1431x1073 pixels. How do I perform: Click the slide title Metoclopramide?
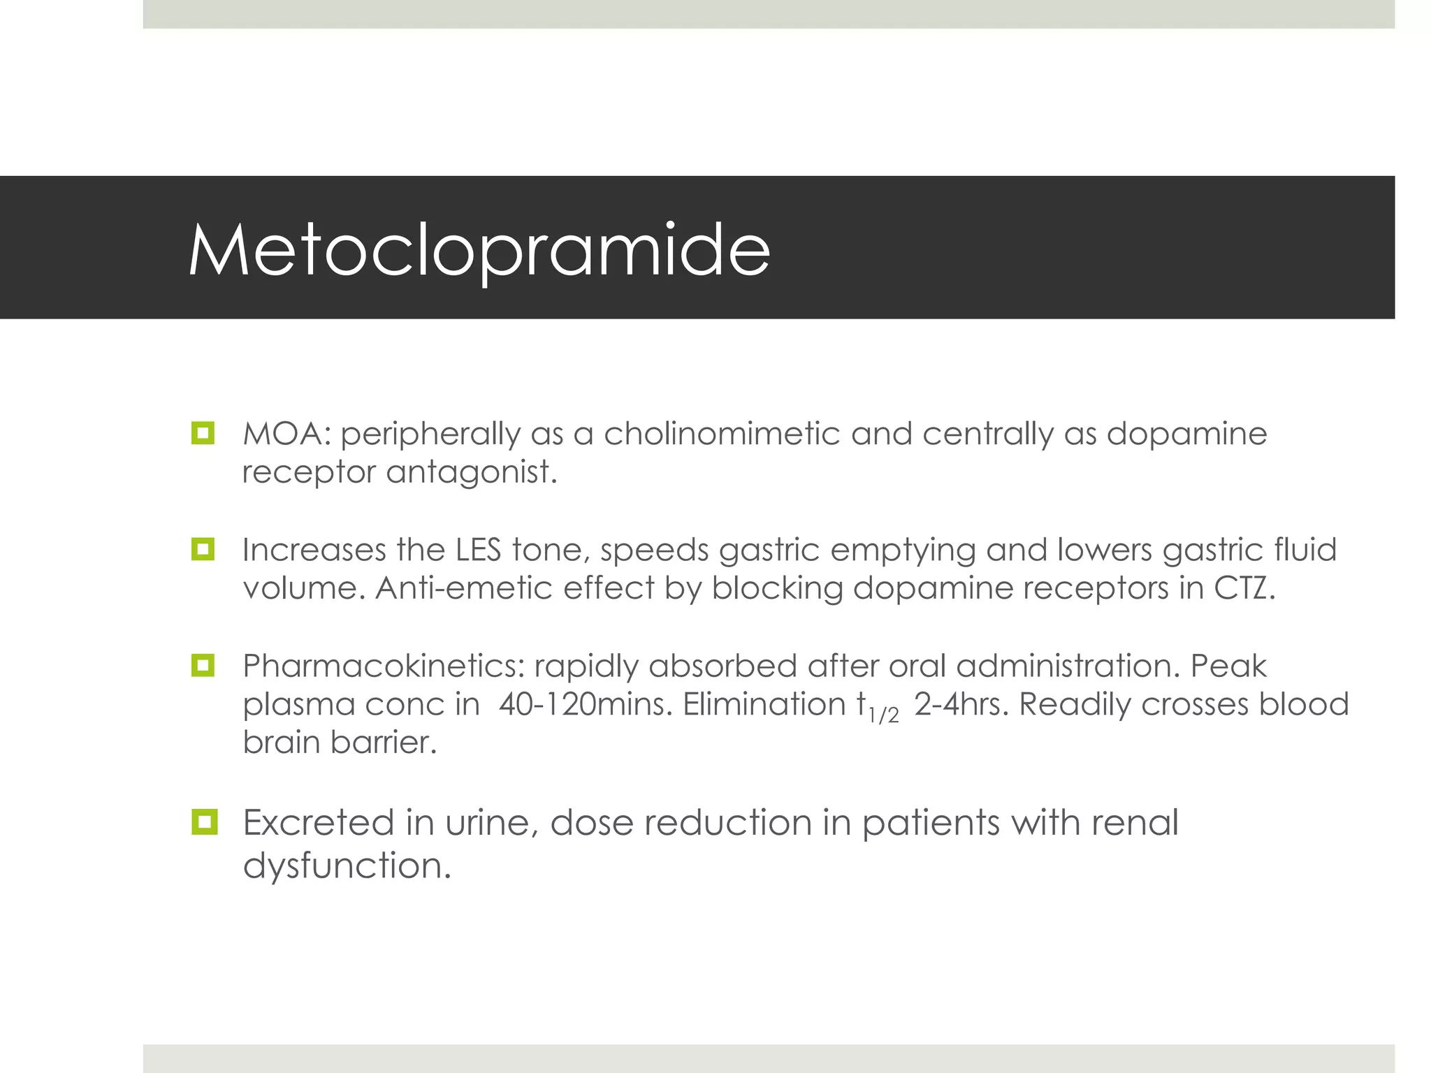(479, 250)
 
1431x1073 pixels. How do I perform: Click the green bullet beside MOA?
(203, 433)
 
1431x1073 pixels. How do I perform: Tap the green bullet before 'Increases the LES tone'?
(203, 549)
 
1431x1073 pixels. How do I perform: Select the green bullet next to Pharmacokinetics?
(203, 665)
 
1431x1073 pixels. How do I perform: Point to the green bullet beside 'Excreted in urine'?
(204, 822)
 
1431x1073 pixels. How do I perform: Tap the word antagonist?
(472, 472)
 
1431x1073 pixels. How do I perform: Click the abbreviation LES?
(479, 550)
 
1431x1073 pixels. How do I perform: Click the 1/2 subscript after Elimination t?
(884, 715)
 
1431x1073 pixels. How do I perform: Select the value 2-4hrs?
(961, 704)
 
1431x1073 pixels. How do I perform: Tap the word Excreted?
(318, 822)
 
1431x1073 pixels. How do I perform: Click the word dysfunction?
(347, 866)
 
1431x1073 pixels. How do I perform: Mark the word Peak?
(1228, 666)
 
